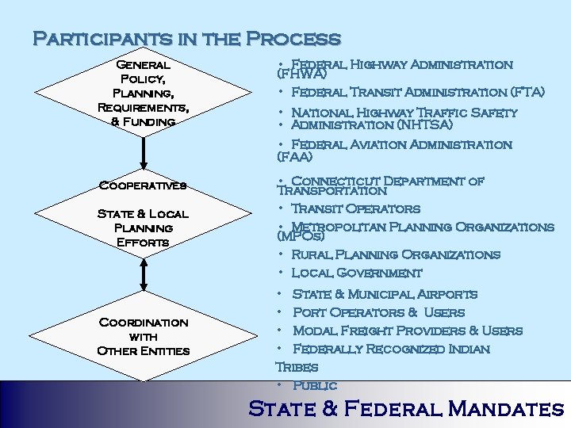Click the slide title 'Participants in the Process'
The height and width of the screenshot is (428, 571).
click(186, 38)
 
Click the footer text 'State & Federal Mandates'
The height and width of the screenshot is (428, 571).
click(405, 409)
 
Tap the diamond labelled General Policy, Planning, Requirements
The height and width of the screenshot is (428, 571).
click(143, 94)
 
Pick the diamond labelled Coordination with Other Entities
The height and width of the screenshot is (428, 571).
click(143, 336)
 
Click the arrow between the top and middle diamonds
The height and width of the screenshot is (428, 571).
click(144, 152)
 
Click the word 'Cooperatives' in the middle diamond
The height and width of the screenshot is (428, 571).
click(143, 185)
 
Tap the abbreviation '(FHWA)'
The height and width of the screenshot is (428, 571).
click(301, 75)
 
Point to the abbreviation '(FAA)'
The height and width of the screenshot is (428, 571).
click(293, 157)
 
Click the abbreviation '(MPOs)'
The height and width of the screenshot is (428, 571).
click(300, 236)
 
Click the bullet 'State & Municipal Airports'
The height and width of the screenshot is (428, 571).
click(385, 294)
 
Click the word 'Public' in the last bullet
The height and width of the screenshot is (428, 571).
click(315, 386)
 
